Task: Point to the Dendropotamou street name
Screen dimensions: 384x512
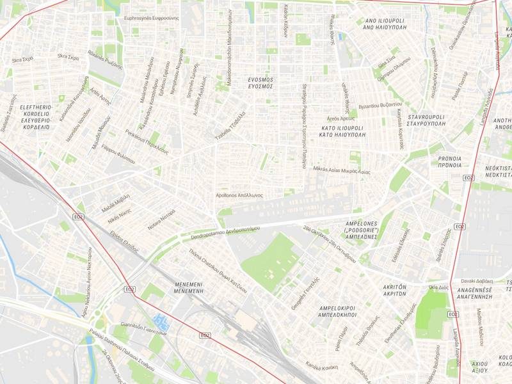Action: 225,233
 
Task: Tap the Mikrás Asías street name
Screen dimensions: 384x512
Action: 342,170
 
